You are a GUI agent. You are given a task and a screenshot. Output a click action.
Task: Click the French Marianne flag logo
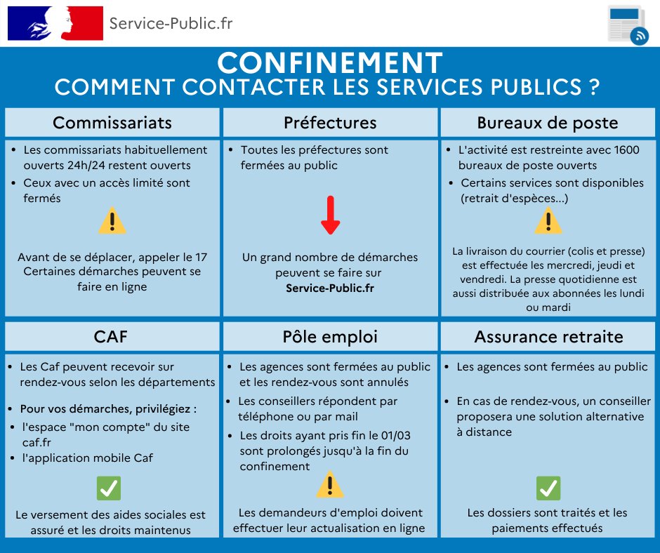[55, 23]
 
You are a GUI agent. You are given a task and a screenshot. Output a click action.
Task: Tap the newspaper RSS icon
[628, 25]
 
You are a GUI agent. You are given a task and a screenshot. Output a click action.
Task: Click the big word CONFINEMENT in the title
[330, 63]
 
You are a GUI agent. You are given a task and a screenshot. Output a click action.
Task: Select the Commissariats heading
[112, 123]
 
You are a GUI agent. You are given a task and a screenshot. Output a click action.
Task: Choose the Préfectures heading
[330, 123]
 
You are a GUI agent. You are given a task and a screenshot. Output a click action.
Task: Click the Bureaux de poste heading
[548, 123]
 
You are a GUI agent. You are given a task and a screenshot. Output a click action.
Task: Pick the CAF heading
[111, 337]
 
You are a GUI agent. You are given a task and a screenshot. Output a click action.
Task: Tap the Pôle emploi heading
[330, 337]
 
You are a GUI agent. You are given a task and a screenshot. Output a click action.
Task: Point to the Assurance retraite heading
[548, 337]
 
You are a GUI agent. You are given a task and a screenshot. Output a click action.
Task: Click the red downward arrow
[331, 215]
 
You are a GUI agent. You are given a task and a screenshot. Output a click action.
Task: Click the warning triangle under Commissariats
[112, 220]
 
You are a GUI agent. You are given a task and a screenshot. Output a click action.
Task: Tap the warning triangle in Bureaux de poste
[548, 220]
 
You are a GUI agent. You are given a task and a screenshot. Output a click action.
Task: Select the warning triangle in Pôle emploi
[329, 484]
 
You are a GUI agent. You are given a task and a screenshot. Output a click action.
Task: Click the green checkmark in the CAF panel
[109, 488]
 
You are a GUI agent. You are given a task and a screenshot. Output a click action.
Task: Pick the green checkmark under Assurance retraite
[548, 488]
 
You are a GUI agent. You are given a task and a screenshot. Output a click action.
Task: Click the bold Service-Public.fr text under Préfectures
[330, 288]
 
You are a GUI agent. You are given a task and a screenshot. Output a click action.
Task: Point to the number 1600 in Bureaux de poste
[627, 149]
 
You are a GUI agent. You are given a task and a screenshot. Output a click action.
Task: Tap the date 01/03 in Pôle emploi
[396, 435]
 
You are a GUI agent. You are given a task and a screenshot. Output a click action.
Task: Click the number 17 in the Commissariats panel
[202, 257]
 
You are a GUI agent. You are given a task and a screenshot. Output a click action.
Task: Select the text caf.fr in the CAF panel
[37, 442]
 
